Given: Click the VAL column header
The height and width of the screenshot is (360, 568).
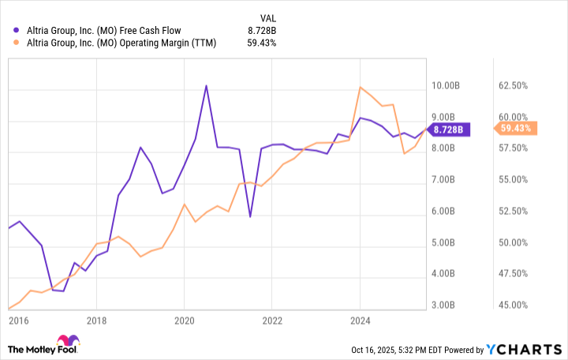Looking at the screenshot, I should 270,17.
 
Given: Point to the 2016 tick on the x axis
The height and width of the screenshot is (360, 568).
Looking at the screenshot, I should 17,321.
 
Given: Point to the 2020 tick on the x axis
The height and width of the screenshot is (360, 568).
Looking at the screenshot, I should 184,321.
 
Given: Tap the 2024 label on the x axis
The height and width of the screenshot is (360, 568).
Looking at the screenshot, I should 360,321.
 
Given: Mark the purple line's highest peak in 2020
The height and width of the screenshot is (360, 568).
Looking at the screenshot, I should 206,85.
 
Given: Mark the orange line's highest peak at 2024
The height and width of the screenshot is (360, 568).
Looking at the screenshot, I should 360,87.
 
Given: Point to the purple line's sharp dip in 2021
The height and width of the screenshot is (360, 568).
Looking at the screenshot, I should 250,216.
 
